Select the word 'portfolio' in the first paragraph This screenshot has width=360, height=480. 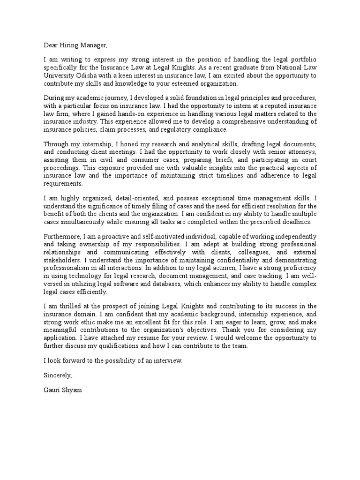click(x=303, y=60)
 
